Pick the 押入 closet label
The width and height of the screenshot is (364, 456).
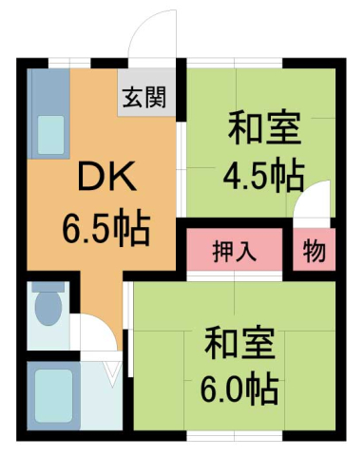[233, 253]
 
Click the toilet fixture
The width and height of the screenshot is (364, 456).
[48, 313]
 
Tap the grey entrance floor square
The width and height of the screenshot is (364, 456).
[147, 97]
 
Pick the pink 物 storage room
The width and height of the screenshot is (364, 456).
[315, 252]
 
